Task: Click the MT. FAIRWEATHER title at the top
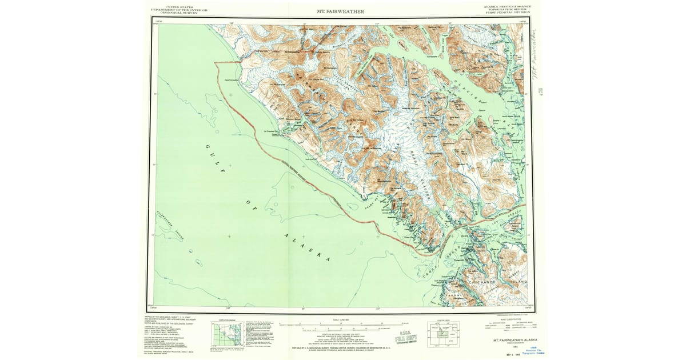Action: tap(340, 11)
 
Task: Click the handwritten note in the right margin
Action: tap(534, 51)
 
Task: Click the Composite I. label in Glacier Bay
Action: tap(432, 57)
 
